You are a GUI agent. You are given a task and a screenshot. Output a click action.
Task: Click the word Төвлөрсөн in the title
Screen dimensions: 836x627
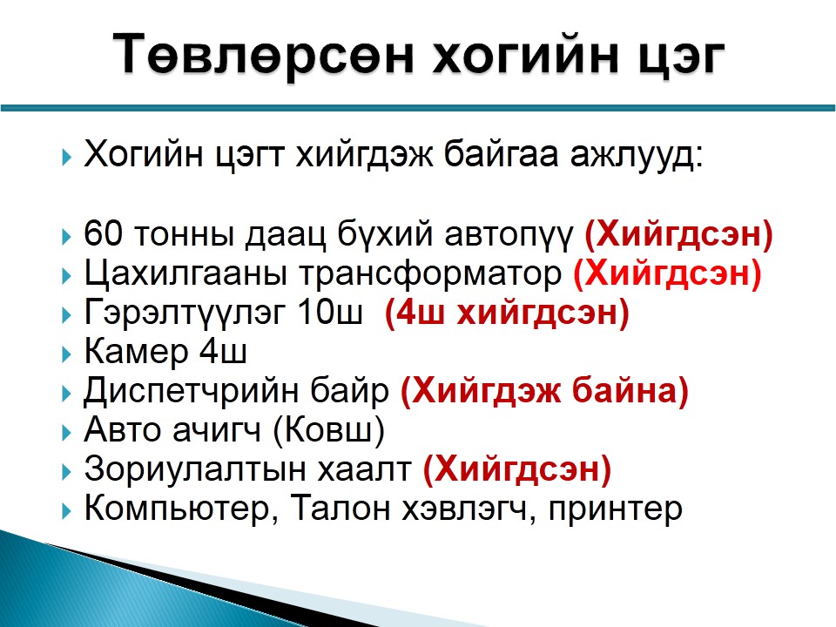point(263,54)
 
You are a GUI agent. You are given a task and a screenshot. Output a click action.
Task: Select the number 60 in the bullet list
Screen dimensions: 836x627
point(103,233)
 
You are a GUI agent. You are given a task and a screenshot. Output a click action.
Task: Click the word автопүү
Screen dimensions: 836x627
point(509,234)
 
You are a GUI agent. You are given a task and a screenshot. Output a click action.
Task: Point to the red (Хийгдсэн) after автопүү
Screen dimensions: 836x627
point(678,234)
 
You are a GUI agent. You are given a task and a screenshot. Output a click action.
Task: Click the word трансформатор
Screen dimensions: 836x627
point(429,274)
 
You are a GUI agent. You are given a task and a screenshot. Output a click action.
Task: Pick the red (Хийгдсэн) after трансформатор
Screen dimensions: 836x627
point(667,274)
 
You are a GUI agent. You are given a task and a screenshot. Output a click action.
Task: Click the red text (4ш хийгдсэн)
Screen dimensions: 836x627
point(507,313)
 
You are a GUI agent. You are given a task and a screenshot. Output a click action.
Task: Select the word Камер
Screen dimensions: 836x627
point(136,353)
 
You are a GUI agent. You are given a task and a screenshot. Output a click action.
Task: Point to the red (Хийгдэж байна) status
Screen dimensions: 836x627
point(544,392)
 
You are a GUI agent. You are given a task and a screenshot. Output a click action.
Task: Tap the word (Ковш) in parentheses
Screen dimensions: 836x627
point(328,431)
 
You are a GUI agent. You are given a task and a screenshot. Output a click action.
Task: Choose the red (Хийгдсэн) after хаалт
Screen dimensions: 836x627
point(516,470)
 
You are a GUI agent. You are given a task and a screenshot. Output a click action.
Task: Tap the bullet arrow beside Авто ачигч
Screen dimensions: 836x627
point(66,433)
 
